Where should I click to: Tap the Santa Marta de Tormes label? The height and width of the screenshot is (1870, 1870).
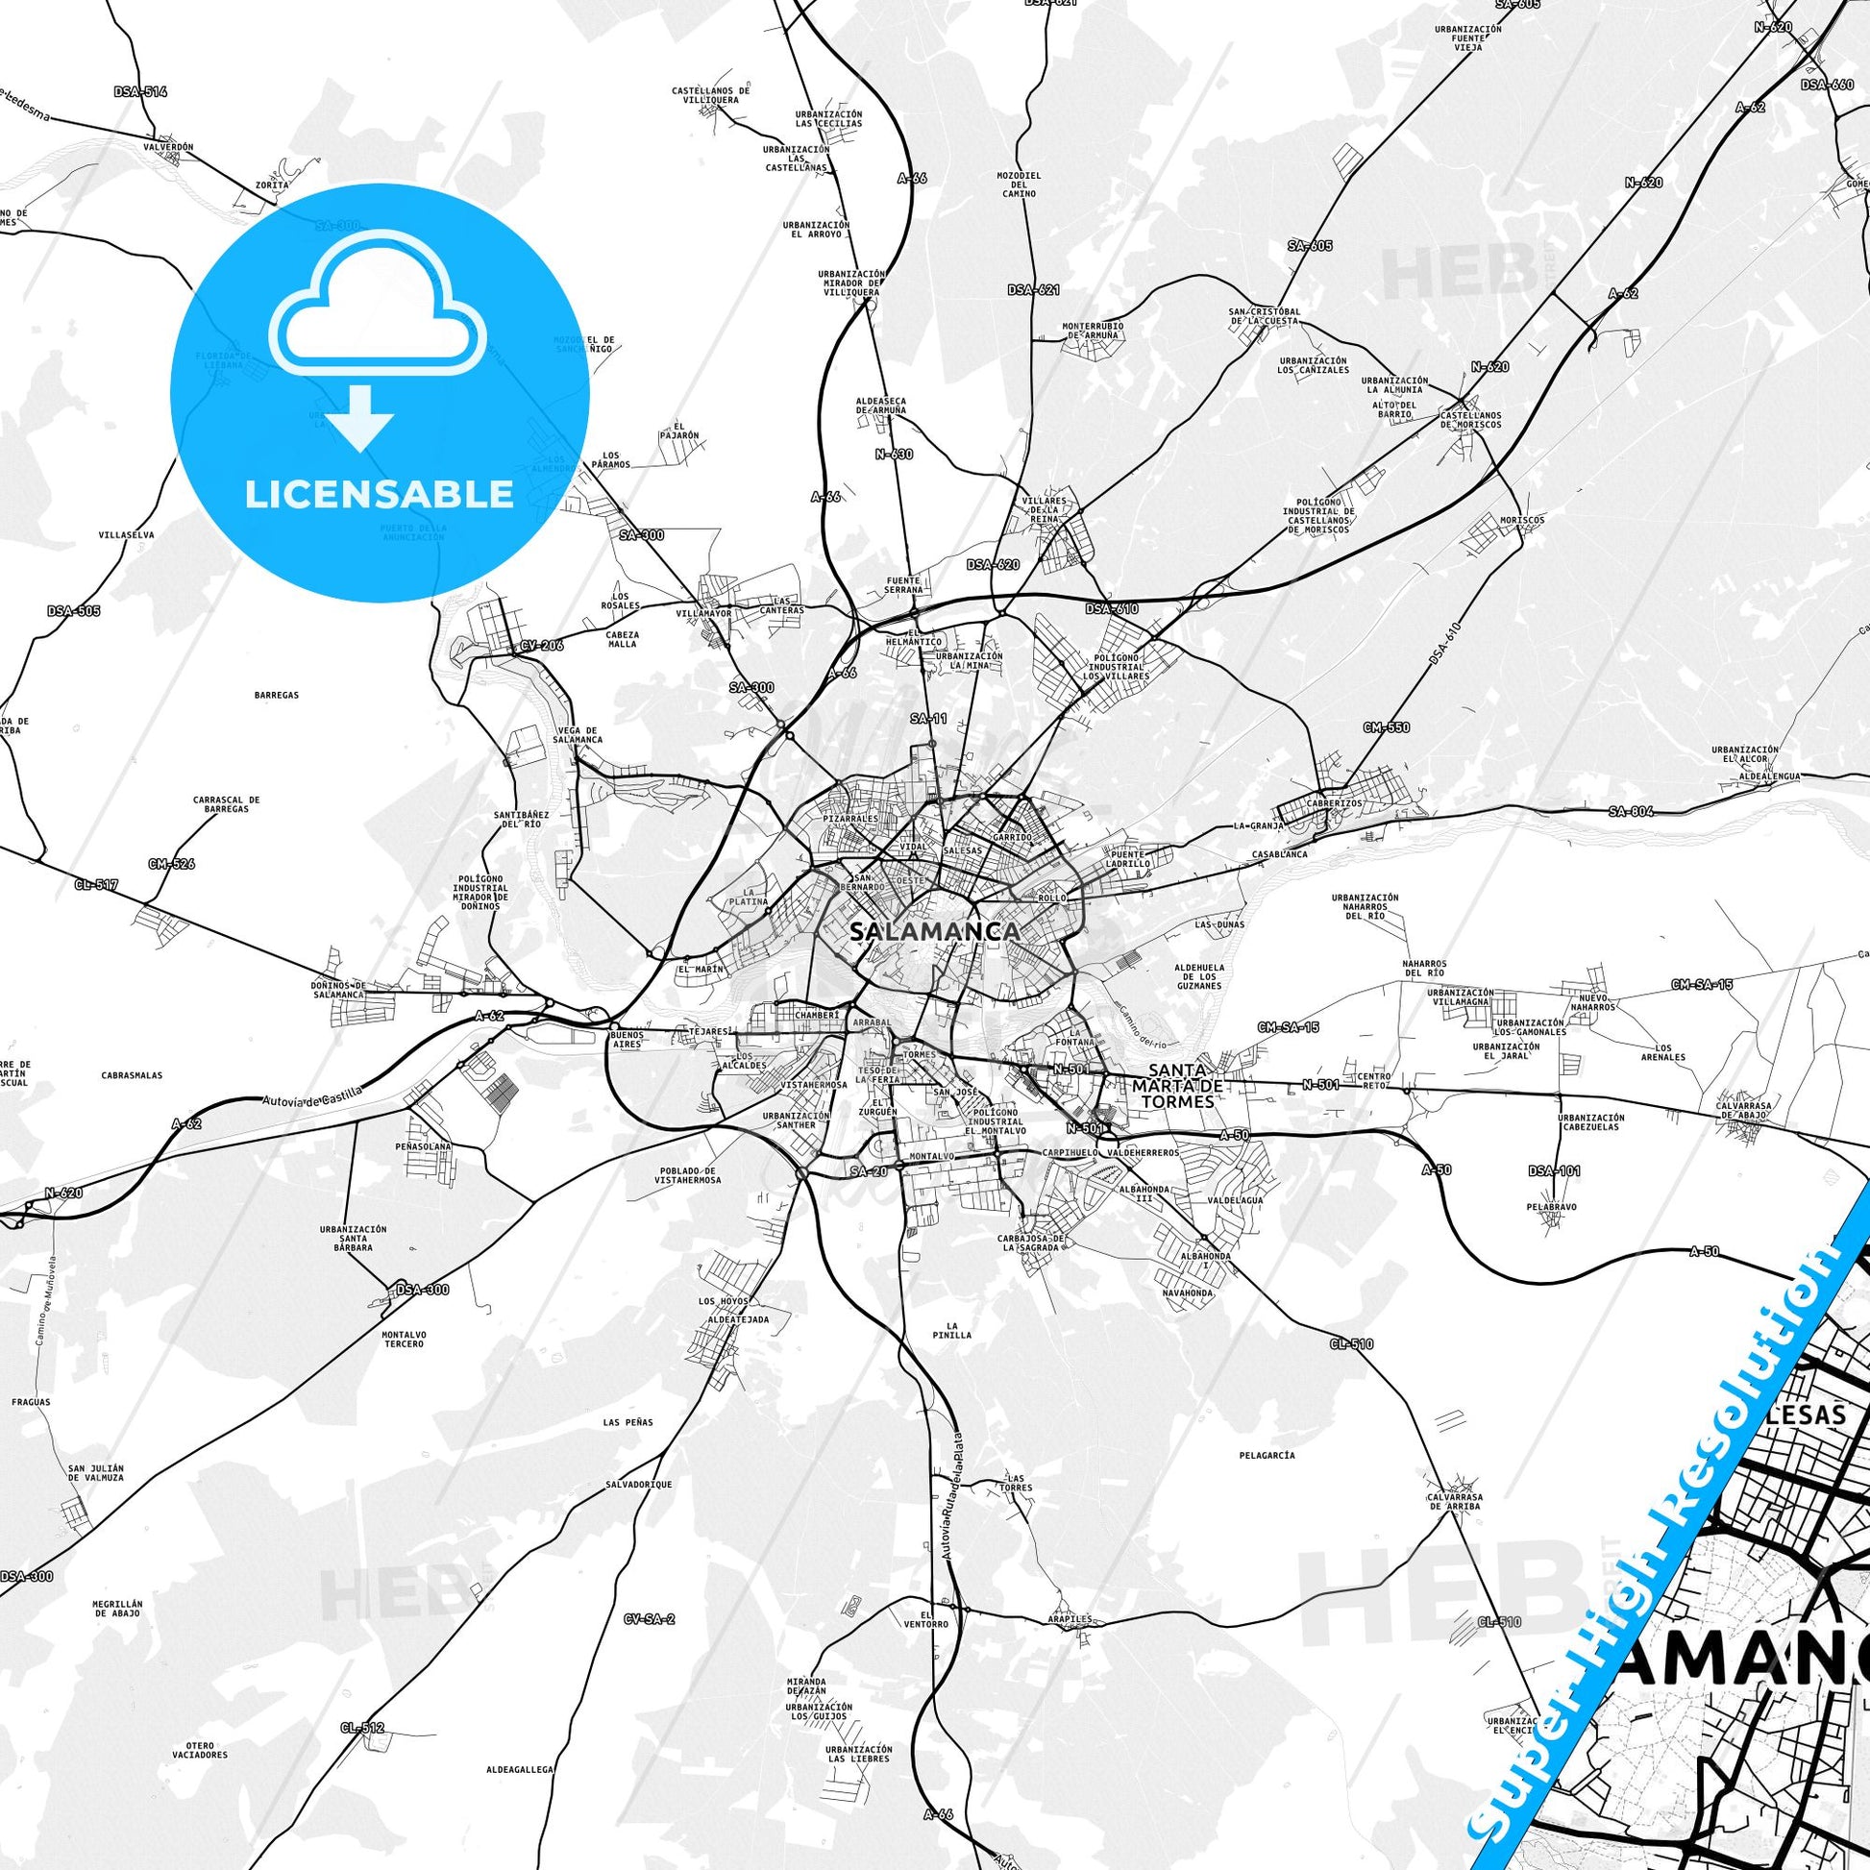click(x=1177, y=1085)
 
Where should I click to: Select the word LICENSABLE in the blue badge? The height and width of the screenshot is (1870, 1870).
click(x=380, y=494)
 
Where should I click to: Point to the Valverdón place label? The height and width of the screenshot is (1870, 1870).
click(x=168, y=147)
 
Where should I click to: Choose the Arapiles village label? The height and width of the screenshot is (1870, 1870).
click(x=1070, y=1618)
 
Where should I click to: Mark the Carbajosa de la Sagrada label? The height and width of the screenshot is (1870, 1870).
click(x=1032, y=1243)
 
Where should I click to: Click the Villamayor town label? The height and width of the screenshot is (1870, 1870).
click(x=703, y=614)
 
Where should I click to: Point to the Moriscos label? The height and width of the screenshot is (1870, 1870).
click(x=1521, y=520)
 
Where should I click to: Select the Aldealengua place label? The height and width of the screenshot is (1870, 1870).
click(x=1769, y=776)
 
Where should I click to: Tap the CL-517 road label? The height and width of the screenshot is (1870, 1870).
click(x=96, y=885)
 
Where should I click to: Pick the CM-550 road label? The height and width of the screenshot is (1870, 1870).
click(x=1386, y=727)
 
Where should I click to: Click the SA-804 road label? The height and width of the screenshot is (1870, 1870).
click(x=1631, y=811)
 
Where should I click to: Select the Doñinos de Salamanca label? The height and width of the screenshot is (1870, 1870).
click(x=338, y=989)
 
